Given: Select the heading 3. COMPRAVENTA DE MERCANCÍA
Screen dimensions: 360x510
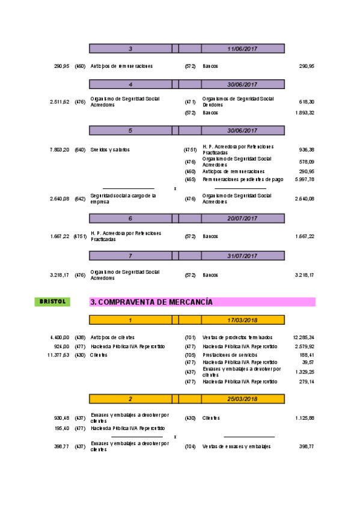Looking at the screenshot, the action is click(151, 302).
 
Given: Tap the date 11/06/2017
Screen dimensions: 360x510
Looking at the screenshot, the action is click(242, 48).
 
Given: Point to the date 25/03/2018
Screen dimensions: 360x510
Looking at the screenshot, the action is click(242, 398).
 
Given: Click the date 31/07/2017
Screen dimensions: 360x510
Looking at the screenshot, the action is click(242, 256).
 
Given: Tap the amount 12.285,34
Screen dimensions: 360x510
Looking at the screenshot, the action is click(304, 337).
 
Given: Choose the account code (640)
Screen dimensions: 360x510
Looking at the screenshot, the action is click(80, 149).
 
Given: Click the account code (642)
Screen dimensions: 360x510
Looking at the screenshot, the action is click(80, 198).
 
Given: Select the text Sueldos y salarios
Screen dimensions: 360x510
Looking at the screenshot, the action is click(110, 149).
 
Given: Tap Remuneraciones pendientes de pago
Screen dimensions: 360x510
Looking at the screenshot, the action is click(243, 179).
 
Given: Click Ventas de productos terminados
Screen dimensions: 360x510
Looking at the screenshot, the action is click(237, 337).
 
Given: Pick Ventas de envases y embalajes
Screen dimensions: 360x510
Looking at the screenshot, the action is click(237, 446).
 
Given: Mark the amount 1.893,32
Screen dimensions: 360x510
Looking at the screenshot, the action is click(305, 112).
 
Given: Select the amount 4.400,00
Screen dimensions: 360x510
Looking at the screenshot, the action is click(59, 337).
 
